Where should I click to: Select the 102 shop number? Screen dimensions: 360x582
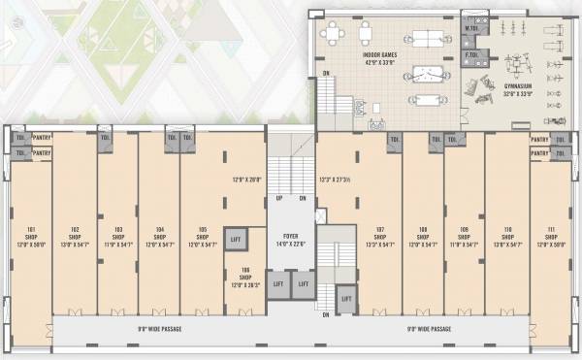(x=75, y=230)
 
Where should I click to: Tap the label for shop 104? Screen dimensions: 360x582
(x=159, y=230)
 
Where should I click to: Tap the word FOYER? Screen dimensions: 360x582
(x=291, y=235)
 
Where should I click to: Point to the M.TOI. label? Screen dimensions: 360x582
(x=470, y=29)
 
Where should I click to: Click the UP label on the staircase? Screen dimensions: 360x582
(x=280, y=198)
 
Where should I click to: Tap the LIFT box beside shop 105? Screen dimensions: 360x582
(x=235, y=239)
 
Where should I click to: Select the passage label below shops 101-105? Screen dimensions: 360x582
(x=159, y=328)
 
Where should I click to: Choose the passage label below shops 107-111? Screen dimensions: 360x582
(x=429, y=328)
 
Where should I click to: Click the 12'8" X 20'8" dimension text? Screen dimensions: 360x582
(x=247, y=180)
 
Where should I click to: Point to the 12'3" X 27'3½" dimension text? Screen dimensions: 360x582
(x=339, y=180)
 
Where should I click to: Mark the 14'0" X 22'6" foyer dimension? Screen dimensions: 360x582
(x=291, y=242)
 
